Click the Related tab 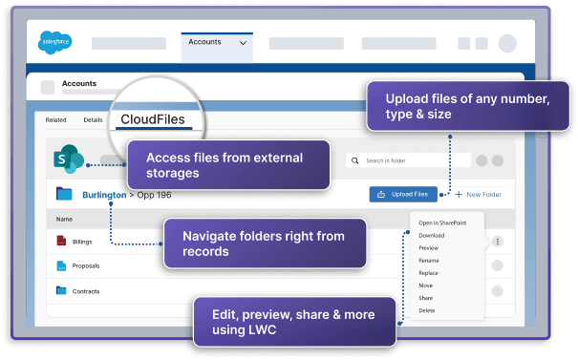(55, 120)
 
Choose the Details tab (93, 120)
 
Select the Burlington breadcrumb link (103, 195)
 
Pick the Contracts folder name (87, 291)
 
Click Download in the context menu (432, 235)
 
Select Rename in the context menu (429, 260)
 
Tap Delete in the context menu (427, 310)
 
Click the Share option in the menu (426, 298)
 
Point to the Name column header (64, 219)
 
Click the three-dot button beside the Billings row (497, 243)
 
